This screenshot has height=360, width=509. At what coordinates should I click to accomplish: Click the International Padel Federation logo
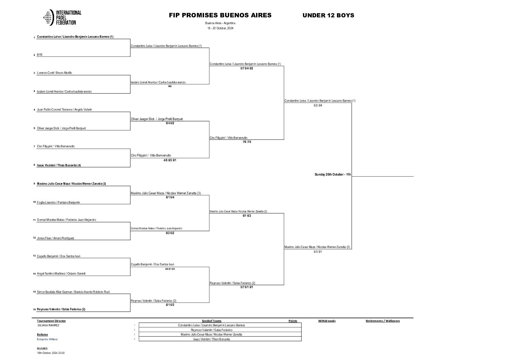tap(62, 18)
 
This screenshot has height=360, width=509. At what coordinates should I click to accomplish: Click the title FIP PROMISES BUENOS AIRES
tap(220, 15)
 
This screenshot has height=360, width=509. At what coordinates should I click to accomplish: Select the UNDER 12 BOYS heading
tap(328, 15)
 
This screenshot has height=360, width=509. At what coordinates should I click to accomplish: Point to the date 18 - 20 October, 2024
tap(220, 28)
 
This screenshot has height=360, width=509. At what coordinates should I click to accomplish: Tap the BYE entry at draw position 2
tap(40, 55)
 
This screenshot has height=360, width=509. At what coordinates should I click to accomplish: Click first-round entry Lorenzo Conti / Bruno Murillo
tap(54, 73)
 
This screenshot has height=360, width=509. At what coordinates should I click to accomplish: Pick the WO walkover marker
tap(170, 86)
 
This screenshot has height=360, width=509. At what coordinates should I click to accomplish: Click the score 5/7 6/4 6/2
tap(247, 68)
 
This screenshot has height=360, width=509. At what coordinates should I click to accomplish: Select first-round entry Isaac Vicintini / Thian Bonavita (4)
tap(59, 165)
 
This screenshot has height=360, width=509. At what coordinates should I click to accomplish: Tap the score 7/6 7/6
tap(247, 142)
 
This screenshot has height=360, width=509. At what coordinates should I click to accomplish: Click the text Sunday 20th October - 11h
tap(333, 175)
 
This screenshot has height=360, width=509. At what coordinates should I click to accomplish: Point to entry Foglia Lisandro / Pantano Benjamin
tap(58, 202)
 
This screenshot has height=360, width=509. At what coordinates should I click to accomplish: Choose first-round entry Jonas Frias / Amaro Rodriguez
tap(55, 238)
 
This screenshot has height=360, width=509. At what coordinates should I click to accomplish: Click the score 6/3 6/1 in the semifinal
tap(318, 252)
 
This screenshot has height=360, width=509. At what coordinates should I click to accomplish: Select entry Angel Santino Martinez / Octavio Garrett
tap(61, 274)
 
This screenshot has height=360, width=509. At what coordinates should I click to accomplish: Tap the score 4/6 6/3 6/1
tap(170, 160)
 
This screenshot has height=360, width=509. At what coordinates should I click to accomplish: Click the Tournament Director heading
tap(51, 321)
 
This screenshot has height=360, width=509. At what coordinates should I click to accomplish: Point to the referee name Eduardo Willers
tap(47, 339)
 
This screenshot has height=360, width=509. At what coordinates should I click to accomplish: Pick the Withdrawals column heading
tap(327, 321)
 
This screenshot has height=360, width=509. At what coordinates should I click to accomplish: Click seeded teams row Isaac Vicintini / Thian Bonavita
tap(211, 339)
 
